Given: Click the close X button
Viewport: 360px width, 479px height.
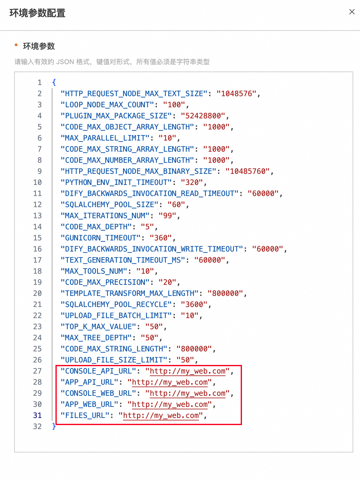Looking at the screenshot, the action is (352, 12).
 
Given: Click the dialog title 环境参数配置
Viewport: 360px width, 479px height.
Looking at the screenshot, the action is (38, 13).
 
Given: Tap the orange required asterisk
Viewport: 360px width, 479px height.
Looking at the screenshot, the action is (16, 45).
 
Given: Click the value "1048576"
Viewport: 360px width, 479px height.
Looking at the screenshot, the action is (236, 94).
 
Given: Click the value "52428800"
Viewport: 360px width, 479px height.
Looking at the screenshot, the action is (203, 116).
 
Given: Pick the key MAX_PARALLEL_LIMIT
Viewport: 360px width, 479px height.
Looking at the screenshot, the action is (105, 138).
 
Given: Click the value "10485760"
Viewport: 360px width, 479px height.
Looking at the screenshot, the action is (247, 171).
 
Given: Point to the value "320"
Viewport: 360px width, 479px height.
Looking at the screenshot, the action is (192, 182).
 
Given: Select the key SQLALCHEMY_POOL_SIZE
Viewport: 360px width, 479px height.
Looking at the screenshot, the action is (109, 204).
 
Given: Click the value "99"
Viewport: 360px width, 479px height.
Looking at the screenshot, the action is (167, 215).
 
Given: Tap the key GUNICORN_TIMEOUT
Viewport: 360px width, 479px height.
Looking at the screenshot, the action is (100, 238).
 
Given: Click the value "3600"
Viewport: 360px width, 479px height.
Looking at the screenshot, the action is (194, 305).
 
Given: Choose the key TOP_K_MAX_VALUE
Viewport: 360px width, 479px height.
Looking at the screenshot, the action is (98, 327).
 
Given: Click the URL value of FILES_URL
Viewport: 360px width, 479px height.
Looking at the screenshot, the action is (161, 416).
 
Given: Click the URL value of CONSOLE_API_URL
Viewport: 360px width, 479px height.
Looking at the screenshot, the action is (188, 371).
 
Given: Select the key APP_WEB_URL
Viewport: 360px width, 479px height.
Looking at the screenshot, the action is (89, 404).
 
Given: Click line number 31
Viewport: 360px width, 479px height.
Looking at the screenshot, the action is (37, 415).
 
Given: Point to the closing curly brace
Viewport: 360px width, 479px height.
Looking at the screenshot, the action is (54, 426).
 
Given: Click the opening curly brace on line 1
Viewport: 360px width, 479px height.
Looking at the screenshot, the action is (54, 83).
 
